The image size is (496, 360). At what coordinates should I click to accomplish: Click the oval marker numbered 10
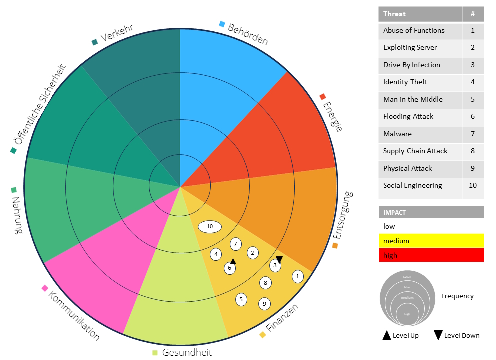[210, 227]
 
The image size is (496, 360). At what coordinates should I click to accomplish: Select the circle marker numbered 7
[236, 244]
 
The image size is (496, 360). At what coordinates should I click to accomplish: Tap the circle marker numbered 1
[298, 276]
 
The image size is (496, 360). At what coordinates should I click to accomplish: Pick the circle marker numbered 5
[241, 299]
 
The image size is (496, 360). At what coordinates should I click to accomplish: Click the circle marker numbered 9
[264, 303]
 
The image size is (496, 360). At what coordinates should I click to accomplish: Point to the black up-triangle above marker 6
[233, 261]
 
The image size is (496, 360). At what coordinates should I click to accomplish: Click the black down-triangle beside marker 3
[279, 259]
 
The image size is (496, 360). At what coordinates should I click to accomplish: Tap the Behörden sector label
[248, 34]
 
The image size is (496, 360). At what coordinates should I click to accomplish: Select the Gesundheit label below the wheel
[187, 352]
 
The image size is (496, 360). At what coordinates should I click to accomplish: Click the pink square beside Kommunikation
[45, 288]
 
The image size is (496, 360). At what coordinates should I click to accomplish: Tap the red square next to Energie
[323, 96]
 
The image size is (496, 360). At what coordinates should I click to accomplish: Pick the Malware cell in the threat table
[397, 134]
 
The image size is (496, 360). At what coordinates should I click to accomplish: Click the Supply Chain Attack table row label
[415, 151]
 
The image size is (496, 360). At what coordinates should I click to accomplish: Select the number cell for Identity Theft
[472, 82]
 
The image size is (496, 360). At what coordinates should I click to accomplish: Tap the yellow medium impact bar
[431, 241]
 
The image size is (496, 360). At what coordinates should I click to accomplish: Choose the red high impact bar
[431, 255]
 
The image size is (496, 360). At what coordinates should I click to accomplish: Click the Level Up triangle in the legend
[386, 335]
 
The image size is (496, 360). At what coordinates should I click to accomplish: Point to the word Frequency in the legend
[457, 296]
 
